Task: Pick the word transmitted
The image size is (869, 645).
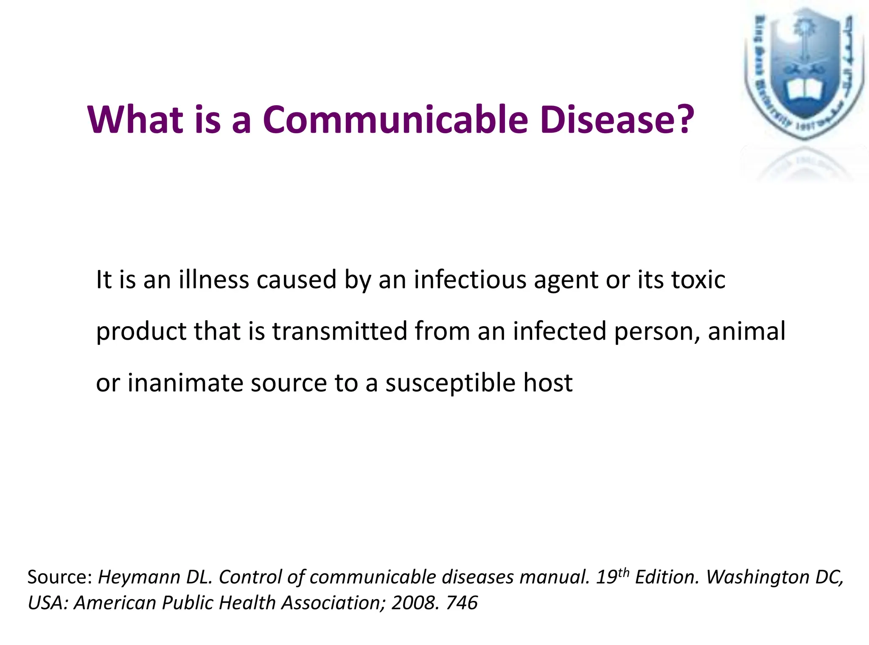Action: point(339,331)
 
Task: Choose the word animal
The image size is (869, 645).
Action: point(746,331)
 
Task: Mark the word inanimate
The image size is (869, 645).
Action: point(185,383)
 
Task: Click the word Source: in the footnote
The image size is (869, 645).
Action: point(60,578)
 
